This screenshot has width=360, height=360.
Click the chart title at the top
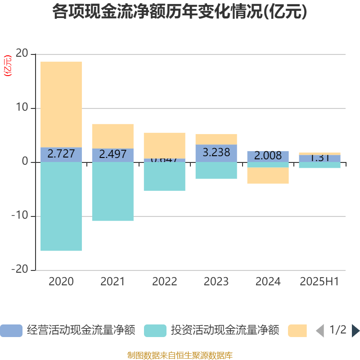click(x=180, y=12)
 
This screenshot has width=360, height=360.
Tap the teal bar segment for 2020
click(x=61, y=206)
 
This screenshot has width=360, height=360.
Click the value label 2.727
click(x=61, y=154)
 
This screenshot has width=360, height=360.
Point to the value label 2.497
click(x=113, y=154)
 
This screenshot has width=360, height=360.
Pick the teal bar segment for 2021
click(x=113, y=191)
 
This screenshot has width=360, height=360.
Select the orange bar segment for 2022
click(x=165, y=145)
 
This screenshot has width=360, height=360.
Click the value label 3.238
click(x=216, y=152)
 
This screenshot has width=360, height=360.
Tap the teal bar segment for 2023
click(x=216, y=171)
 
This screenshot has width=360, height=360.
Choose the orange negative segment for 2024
click(x=268, y=175)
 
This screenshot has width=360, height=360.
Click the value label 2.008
click(x=268, y=156)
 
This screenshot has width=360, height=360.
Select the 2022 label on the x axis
click(x=165, y=282)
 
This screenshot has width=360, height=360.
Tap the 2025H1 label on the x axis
click(x=319, y=282)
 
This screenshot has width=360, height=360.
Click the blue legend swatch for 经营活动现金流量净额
click(x=11, y=331)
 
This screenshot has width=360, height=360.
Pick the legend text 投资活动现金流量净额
click(x=225, y=331)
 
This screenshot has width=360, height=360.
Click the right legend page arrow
click(x=355, y=331)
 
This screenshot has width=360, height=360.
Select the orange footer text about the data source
click(x=180, y=355)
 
